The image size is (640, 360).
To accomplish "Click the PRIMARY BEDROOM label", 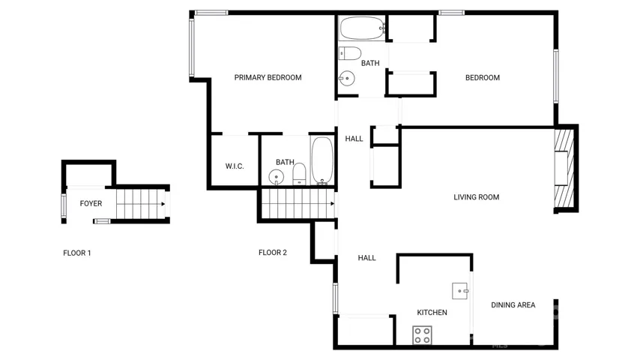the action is (x=268, y=78).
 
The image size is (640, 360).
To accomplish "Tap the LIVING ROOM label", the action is (x=477, y=197).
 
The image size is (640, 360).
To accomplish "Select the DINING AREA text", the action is (x=513, y=304).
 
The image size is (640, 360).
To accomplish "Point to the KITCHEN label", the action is (x=432, y=313).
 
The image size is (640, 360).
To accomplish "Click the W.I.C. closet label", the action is (x=235, y=166).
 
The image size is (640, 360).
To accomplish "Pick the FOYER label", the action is (x=91, y=203).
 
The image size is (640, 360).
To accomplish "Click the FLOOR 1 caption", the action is (x=77, y=253).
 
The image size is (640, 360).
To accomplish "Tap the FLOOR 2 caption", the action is (x=273, y=253).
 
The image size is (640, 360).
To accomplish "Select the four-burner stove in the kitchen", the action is (x=422, y=335).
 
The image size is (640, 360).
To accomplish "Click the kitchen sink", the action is (x=460, y=291).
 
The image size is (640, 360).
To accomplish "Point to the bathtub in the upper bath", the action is (x=363, y=28).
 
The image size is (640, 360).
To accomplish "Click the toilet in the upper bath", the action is (x=350, y=53).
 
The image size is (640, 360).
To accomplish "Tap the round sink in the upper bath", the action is (x=346, y=78).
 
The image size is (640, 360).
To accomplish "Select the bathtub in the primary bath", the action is (x=322, y=160).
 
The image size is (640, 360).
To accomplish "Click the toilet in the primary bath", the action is (x=299, y=174).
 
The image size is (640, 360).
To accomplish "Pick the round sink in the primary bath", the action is (x=277, y=177).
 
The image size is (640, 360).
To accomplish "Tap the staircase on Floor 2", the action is (x=298, y=203).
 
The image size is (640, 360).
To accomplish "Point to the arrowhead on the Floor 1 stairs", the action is (x=163, y=204).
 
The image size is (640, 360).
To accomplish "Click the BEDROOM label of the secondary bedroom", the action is (x=483, y=78).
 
